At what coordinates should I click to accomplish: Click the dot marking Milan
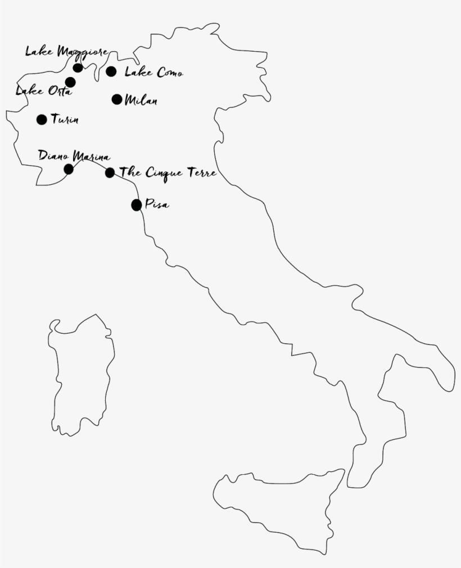coord(117,99)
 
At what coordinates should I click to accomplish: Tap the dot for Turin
coord(42,119)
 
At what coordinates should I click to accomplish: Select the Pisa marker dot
coord(137,205)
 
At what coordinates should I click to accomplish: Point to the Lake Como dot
coord(111,71)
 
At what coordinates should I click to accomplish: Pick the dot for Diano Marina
coord(69,169)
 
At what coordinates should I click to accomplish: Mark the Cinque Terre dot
coord(110,172)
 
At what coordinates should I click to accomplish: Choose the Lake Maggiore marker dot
coord(78,68)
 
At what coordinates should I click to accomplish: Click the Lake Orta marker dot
coord(70,82)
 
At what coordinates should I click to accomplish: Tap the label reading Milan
coord(141,101)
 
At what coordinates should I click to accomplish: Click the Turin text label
coord(65,120)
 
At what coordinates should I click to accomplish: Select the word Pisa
coord(157,205)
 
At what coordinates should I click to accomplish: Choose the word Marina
coord(91,157)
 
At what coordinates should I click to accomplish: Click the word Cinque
coord(164,173)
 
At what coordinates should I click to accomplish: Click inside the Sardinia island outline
coord(82,376)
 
